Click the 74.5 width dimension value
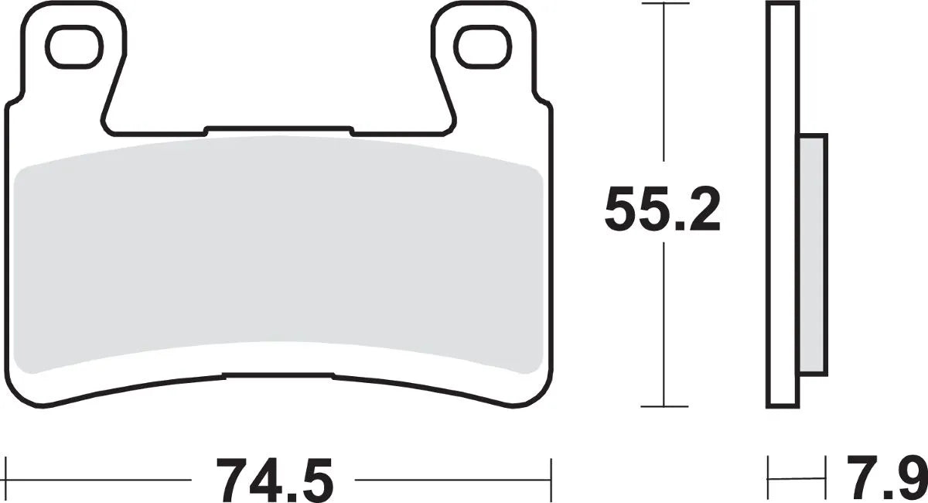(275, 480)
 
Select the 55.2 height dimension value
(662, 209)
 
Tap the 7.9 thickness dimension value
(885, 480)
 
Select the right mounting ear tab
(479, 70)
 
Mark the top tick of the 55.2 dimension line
(664, 4)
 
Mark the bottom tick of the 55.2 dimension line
(664, 406)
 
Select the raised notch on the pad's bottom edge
(278, 376)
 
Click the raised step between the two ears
(278, 128)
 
